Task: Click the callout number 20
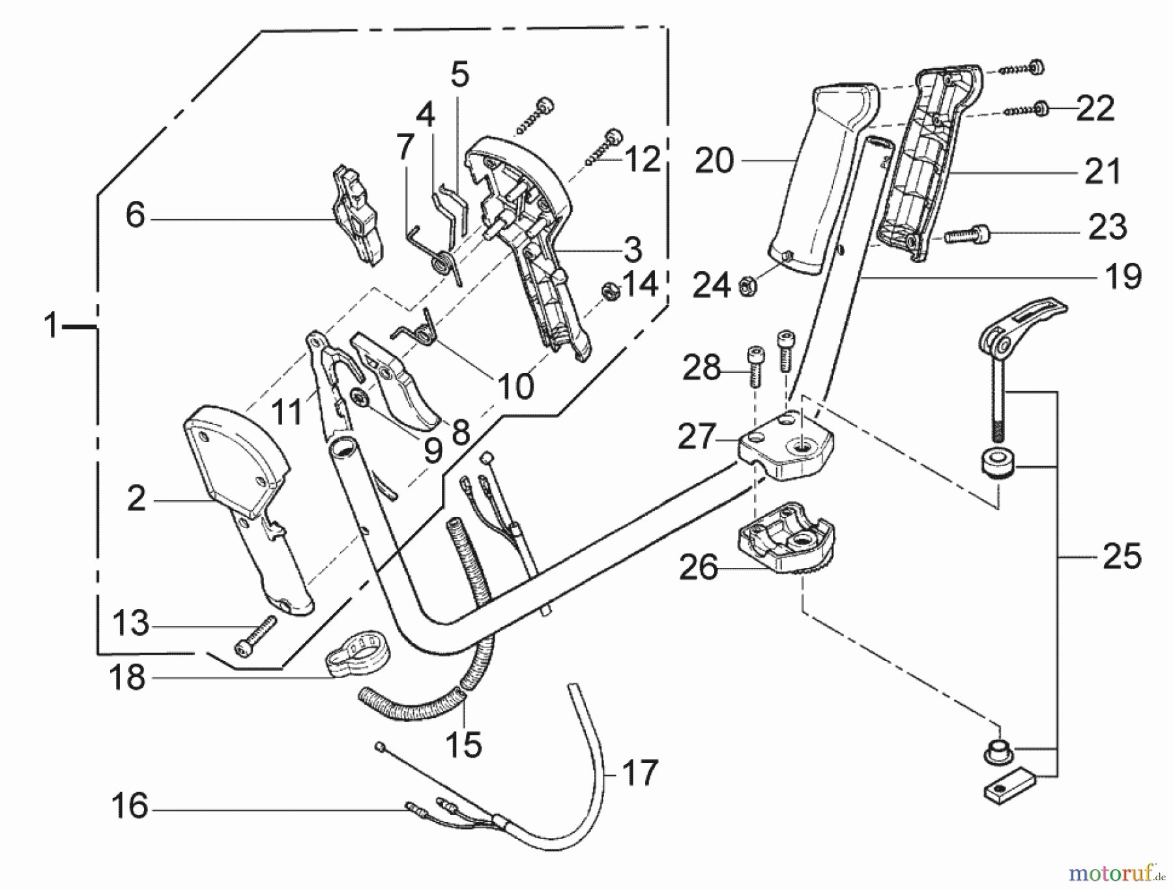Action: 714,160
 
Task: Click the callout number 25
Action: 1122,557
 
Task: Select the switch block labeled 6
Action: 356,218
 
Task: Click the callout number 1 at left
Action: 50,325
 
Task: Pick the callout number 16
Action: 130,807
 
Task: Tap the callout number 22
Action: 1095,108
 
